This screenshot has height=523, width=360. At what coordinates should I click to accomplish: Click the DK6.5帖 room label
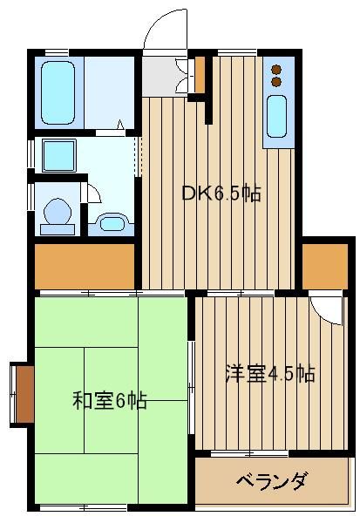click(x=221, y=194)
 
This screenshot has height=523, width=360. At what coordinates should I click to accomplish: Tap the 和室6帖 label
click(x=110, y=400)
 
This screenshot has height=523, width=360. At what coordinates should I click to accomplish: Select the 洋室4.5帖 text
click(x=270, y=373)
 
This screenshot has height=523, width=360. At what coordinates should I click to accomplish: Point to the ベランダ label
click(x=271, y=480)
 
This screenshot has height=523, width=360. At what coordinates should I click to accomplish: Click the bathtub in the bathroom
click(x=58, y=92)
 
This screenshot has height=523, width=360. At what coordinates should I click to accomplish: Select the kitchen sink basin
click(x=276, y=117)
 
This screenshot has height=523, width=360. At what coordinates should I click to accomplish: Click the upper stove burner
click(x=276, y=70)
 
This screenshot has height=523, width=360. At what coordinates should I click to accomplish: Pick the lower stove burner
click(x=276, y=82)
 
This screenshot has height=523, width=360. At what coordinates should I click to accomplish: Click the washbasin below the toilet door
click(x=112, y=222)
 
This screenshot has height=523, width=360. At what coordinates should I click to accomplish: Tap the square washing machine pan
click(x=59, y=155)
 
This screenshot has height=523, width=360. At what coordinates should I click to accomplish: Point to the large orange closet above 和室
click(x=85, y=267)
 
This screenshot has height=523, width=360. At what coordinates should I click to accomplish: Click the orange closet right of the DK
click(x=325, y=267)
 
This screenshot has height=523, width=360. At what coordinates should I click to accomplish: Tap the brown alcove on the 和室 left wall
click(x=25, y=394)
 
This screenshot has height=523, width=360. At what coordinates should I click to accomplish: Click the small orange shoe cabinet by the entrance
click(x=200, y=75)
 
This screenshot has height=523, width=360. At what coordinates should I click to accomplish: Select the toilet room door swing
click(x=94, y=194)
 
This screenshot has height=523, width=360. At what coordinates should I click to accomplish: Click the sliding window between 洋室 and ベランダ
click(x=249, y=453)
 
